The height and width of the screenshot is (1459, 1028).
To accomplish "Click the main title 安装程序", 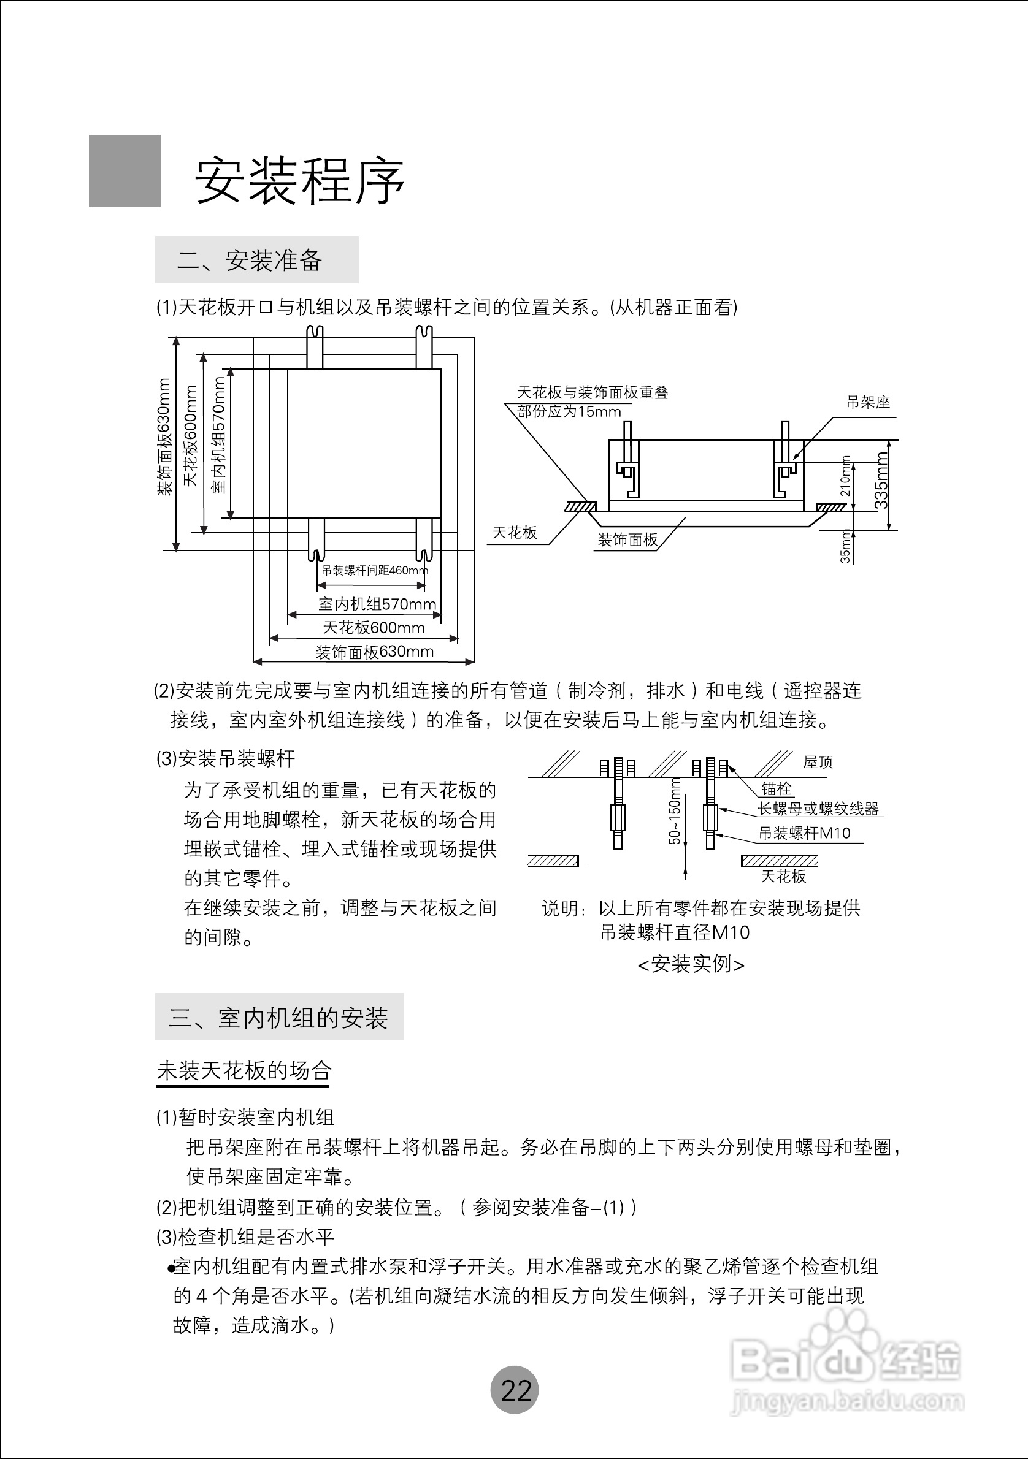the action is [x=299, y=180].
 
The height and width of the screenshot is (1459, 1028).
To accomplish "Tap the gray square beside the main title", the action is [x=125, y=171].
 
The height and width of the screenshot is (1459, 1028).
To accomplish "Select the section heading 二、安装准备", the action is [x=250, y=261].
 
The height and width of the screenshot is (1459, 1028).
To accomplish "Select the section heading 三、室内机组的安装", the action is [x=278, y=1018].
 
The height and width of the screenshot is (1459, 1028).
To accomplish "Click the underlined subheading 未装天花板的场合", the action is [x=244, y=1071].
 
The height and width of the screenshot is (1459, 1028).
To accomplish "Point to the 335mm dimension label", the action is [x=881, y=481].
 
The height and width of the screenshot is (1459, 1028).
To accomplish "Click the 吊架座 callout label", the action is [x=868, y=402].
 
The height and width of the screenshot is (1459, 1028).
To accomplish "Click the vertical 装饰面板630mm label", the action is [x=164, y=437].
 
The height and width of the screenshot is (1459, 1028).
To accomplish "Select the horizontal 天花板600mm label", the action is [x=374, y=628].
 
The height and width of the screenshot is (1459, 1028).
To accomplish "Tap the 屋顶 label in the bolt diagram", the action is [x=818, y=762].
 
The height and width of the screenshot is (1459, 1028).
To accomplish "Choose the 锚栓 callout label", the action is [x=777, y=788].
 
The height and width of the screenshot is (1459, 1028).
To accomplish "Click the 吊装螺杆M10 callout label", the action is [x=804, y=833].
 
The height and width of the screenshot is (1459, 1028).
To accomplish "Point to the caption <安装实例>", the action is [x=691, y=964].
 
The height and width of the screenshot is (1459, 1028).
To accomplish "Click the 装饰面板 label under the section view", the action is [x=627, y=540].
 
